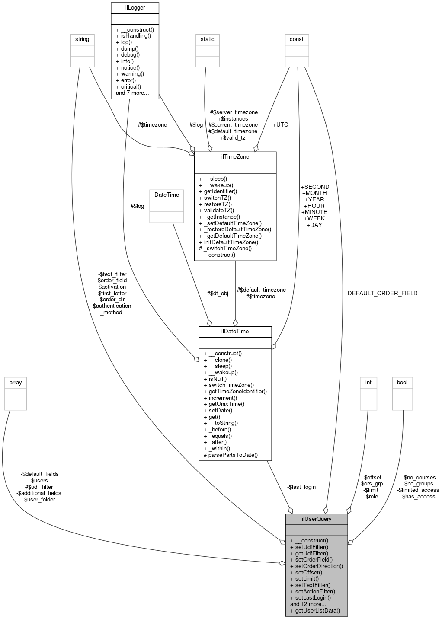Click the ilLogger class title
pos(135,8)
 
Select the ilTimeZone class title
pos(235,157)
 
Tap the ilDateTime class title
pos(235,332)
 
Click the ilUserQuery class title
pos(316,519)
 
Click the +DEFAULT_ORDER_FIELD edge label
pos(381,293)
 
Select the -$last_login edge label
pos(301,487)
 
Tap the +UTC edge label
pos(280,124)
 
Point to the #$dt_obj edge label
pos(218,293)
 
